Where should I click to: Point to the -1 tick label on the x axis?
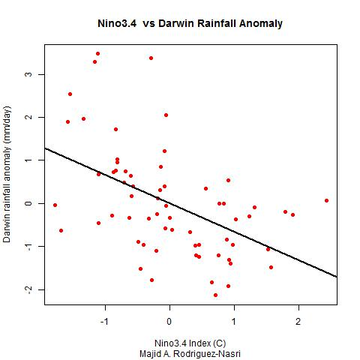tap(104, 321)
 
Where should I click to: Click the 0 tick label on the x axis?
tap(169, 321)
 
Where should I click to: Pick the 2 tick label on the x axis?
tap(298, 321)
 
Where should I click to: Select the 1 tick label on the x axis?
tap(234, 321)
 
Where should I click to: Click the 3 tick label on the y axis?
tap(30, 74)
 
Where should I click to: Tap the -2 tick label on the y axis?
tap(30, 289)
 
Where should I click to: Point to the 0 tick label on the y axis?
tap(30, 203)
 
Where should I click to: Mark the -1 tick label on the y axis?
tap(30, 247)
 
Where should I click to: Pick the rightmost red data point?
tap(326, 200)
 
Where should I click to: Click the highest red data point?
tap(97, 54)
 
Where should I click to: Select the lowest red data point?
tap(215, 295)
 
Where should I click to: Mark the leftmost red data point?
tap(55, 205)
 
